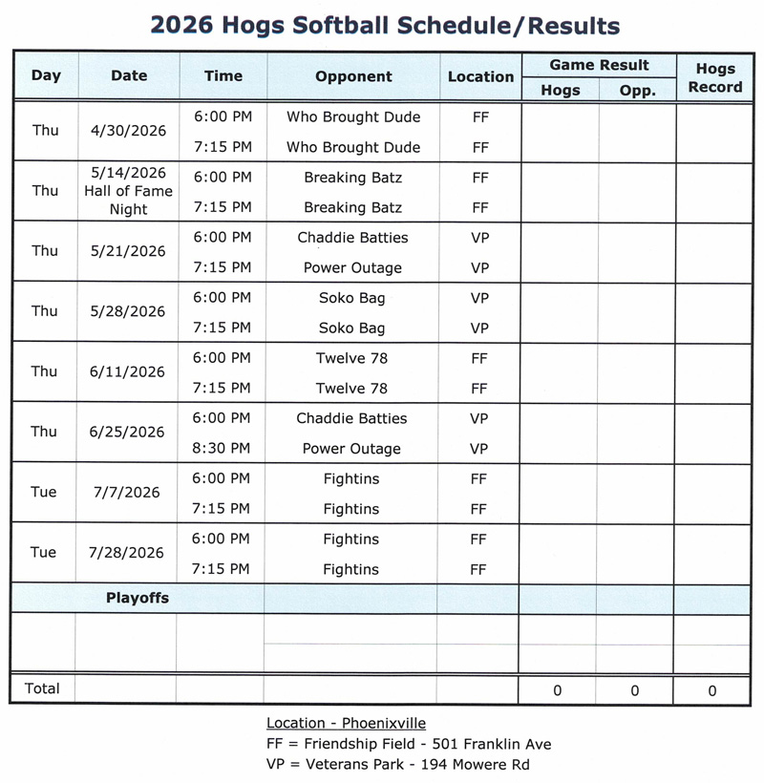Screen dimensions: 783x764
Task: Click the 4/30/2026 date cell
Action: click(129, 131)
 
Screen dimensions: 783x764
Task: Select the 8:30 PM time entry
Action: click(223, 448)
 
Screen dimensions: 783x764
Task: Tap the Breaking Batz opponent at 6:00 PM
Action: click(352, 178)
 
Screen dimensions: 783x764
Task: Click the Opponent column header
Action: click(353, 76)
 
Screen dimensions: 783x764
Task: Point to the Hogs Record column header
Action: click(715, 77)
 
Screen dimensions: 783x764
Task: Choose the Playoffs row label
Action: click(137, 598)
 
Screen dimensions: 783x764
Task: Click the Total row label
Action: click(42, 688)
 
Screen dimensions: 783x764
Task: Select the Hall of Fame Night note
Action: click(129, 200)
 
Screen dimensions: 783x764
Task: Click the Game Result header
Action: click(599, 65)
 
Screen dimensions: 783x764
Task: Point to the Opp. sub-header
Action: click(637, 91)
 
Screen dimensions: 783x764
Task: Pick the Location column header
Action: click(480, 76)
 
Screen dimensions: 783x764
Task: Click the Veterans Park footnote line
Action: click(398, 764)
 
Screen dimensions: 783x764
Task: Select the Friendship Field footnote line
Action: click(409, 744)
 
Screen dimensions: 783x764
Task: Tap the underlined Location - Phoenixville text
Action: click(346, 723)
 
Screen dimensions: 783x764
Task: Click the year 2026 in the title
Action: click(183, 26)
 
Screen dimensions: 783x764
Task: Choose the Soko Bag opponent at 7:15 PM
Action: click(352, 328)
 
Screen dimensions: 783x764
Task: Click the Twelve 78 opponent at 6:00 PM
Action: click(352, 358)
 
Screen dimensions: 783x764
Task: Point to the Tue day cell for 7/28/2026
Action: click(44, 552)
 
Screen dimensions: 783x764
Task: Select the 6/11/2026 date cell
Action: click(129, 372)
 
